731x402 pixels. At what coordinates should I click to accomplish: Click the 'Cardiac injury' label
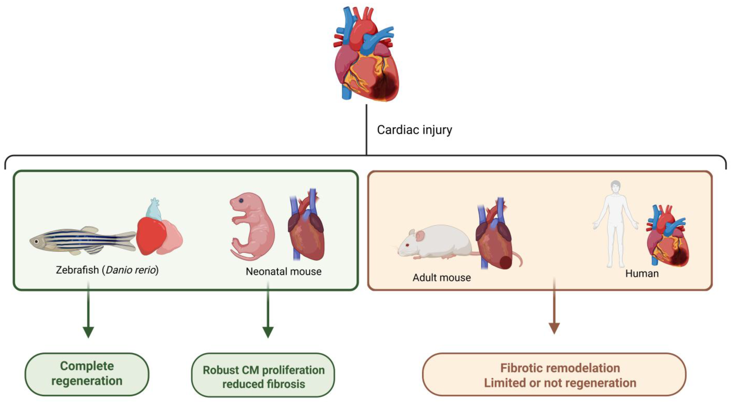[414, 130]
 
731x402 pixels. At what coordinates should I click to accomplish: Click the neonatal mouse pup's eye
[241, 201]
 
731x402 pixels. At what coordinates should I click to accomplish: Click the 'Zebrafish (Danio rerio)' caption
[107, 270]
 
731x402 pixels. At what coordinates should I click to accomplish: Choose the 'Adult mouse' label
[442, 277]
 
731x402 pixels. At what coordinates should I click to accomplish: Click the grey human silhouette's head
[615, 187]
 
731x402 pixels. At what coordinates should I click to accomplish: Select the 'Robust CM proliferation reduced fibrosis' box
[263, 377]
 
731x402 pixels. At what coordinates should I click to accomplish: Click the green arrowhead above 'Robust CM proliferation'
[268, 332]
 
